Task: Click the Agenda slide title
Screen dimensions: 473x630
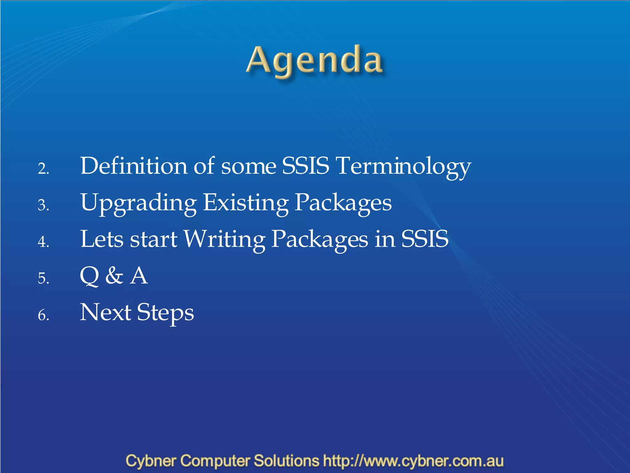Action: [x=314, y=61]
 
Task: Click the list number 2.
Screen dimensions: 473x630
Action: [x=43, y=169]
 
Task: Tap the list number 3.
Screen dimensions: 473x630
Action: [x=43, y=205]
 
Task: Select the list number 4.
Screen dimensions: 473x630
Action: [x=43, y=242]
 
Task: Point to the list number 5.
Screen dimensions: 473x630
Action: [x=43, y=278]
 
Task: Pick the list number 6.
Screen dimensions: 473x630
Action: [x=43, y=315]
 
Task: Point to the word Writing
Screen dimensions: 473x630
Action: [x=225, y=240]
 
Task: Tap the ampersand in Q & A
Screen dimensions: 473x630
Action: [x=114, y=276]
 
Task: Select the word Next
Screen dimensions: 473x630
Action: [x=106, y=313]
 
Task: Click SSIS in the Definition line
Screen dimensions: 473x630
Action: [x=305, y=166]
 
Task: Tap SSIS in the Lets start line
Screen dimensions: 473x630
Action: [x=425, y=240]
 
